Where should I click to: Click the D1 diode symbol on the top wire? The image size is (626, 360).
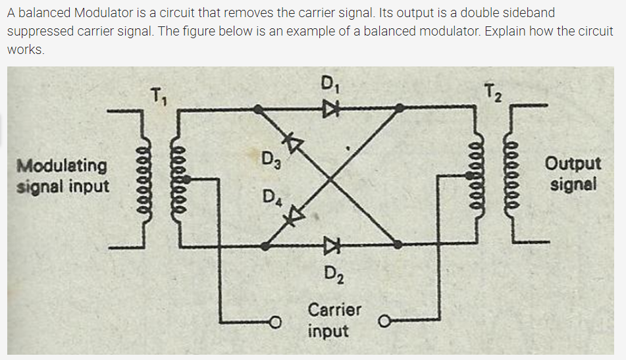328,111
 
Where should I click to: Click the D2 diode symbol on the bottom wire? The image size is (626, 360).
328,246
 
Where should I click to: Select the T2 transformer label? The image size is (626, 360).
490,93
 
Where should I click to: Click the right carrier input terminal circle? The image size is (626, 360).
383,322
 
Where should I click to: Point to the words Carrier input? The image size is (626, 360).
334,319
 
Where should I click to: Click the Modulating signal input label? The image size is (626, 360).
63,176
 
